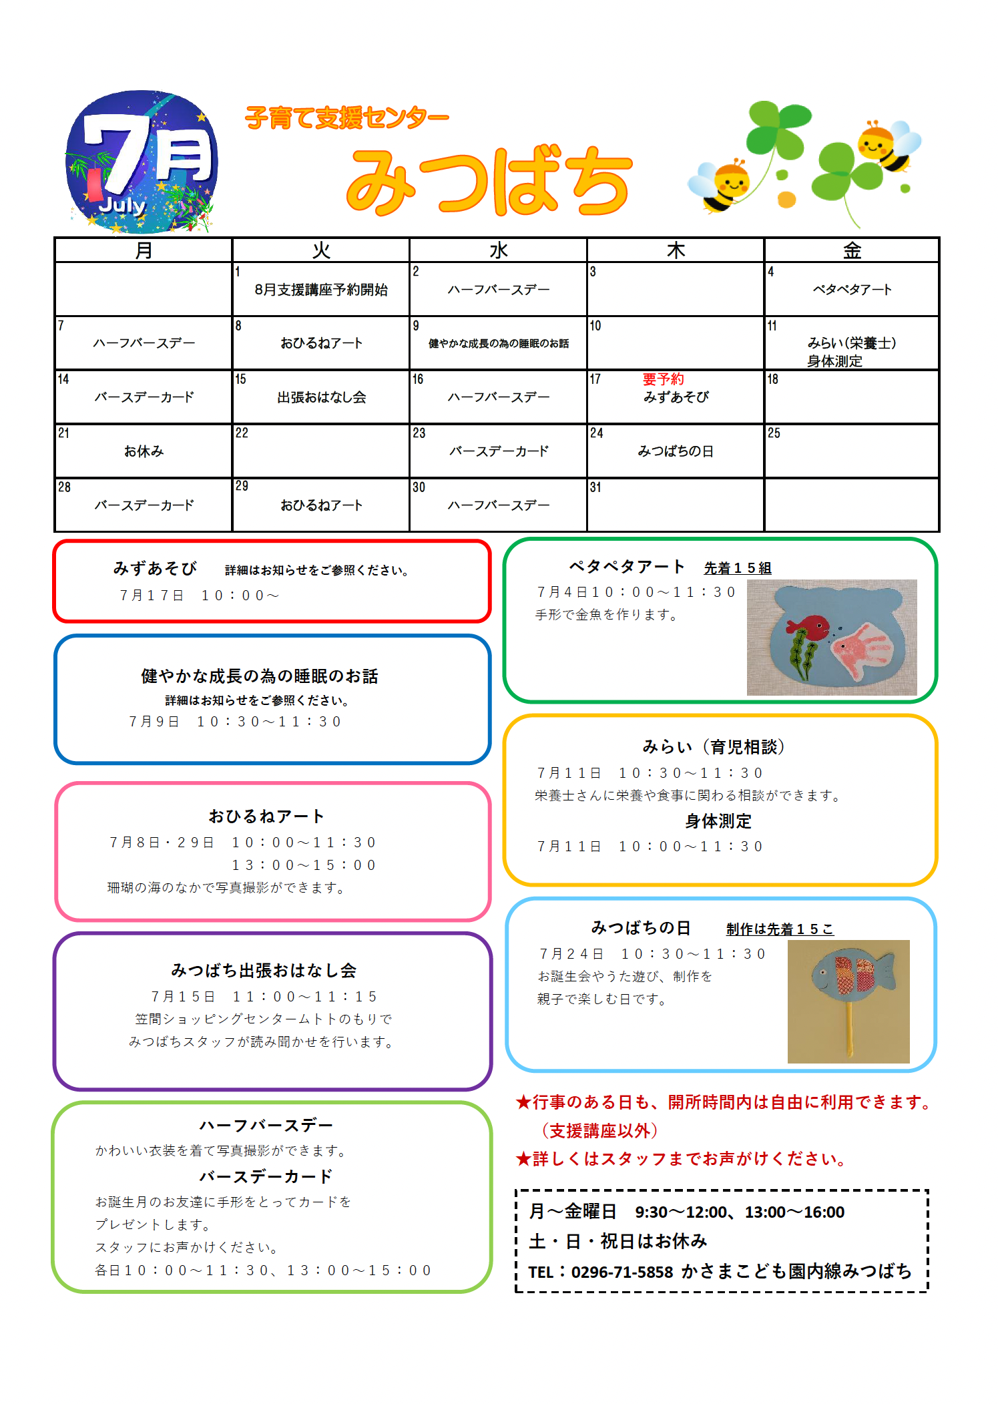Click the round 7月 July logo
pos(142,162)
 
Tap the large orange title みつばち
pos(488,181)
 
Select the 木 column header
pos(676,250)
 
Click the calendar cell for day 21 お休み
pos(144,451)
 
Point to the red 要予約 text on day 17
pos(663,379)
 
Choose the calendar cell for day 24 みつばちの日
pos(676,451)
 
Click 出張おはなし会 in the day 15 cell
pos(322,397)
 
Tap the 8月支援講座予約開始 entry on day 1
pos(321,290)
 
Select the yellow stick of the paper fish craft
pos(849,1028)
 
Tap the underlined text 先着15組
pos(737,568)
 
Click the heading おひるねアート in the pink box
pos(266,816)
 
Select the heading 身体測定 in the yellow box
pos(718,821)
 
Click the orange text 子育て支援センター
pos(347,118)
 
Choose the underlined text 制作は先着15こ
pos(780,929)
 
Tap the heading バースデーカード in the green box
pos(266,1176)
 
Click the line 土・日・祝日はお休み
pos(617,1241)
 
